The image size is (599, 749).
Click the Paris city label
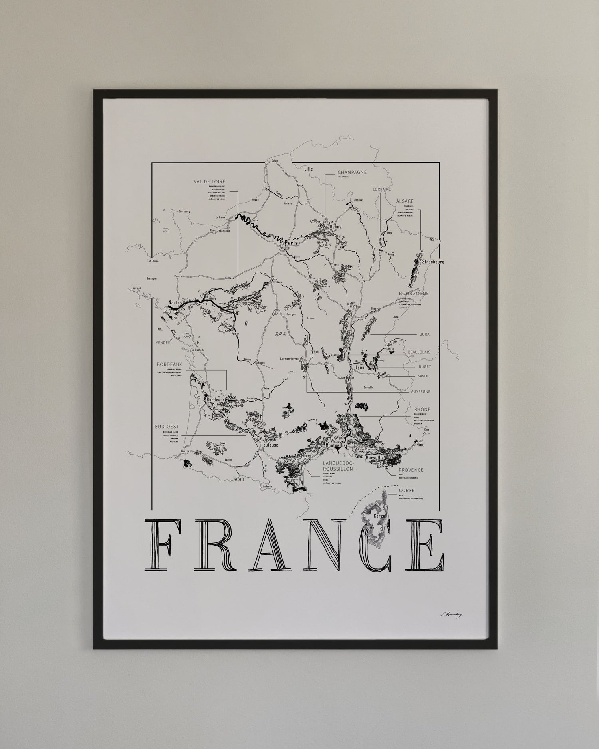[291, 242]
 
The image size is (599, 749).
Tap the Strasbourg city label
[430, 262]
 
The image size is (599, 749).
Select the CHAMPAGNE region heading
[352, 172]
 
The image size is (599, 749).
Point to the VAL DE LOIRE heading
[209, 181]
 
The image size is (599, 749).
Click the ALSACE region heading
[405, 201]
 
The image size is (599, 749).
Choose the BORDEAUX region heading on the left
[169, 364]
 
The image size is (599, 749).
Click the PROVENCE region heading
[411, 470]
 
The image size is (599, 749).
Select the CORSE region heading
[407, 491]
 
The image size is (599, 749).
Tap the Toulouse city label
[269, 445]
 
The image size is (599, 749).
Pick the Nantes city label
[175, 303]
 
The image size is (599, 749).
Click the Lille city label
[309, 169]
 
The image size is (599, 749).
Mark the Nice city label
[420, 445]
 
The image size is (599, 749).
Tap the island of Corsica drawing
[375, 519]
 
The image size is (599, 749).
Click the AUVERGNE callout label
[420, 392]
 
